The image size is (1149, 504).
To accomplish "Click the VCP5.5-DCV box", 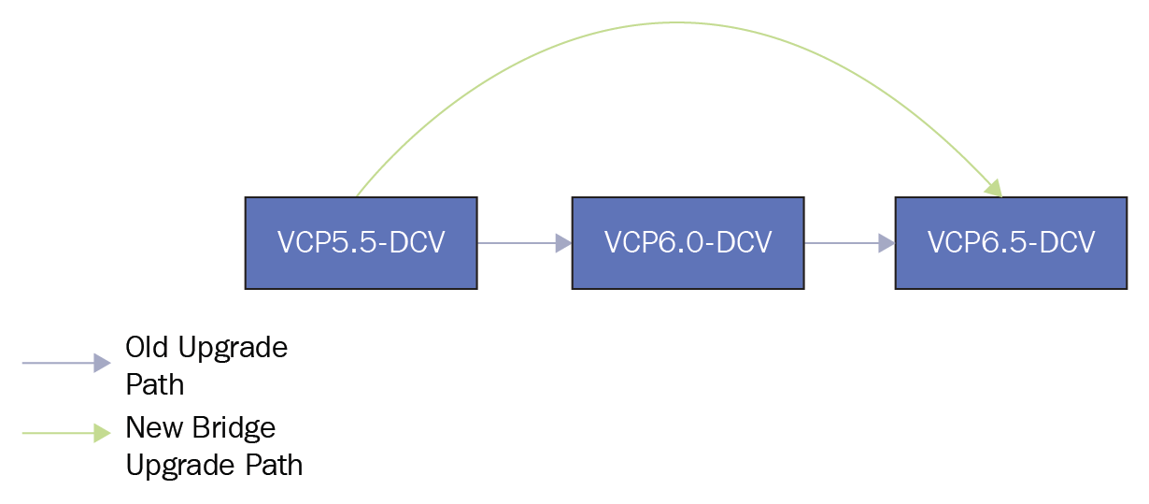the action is pyautogui.click(x=362, y=243).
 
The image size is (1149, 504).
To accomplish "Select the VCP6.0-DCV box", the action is pyautogui.click(x=688, y=243).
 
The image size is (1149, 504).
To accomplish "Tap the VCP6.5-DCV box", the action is pyautogui.click(x=1011, y=243).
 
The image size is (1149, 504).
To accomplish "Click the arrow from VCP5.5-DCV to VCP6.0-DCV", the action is pyautogui.click(x=525, y=243).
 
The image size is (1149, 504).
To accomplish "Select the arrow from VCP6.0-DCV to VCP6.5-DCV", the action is pyautogui.click(x=850, y=243).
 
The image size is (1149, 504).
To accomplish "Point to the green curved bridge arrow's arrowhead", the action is pyautogui.click(x=994, y=188).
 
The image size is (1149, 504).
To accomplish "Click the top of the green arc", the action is pyautogui.click(x=677, y=22).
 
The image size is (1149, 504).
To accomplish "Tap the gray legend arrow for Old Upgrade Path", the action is pyautogui.click(x=66, y=363).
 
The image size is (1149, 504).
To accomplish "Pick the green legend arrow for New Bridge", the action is pyautogui.click(x=66, y=433).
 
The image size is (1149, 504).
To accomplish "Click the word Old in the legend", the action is pyautogui.click(x=147, y=348).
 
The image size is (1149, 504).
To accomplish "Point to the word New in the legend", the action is pyautogui.click(x=154, y=427).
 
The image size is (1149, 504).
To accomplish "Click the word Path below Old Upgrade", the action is pyautogui.click(x=155, y=384).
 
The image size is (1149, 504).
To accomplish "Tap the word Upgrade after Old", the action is pyautogui.click(x=233, y=349).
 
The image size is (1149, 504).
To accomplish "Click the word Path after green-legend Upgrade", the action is pyautogui.click(x=274, y=465).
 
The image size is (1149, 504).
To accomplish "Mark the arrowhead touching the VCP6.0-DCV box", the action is pyautogui.click(x=564, y=243).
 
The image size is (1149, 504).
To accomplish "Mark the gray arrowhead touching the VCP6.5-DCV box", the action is pyautogui.click(x=887, y=243).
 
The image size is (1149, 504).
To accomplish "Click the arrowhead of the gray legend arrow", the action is pyautogui.click(x=103, y=363).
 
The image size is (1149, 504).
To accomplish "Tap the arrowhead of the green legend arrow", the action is pyautogui.click(x=103, y=433).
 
